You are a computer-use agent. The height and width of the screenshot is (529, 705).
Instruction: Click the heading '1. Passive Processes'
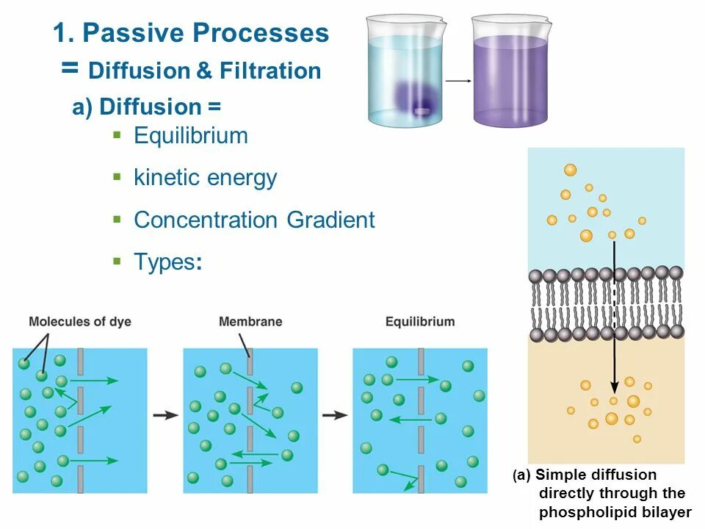[191, 33]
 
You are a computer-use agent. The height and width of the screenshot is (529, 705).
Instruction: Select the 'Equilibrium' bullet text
[191, 136]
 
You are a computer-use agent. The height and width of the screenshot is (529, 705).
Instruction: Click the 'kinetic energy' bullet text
[205, 178]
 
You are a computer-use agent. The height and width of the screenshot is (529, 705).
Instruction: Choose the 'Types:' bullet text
[167, 262]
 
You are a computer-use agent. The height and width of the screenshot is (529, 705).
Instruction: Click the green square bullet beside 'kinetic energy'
[116, 177]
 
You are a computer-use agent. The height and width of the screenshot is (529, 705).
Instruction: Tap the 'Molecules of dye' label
[79, 322]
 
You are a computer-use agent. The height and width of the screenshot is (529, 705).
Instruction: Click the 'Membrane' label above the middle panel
[250, 322]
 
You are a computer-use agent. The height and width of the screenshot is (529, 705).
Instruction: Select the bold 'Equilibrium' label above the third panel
[420, 322]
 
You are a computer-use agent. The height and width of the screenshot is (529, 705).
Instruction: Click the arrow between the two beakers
[458, 81]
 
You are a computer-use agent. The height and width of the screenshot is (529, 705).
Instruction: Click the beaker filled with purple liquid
[510, 73]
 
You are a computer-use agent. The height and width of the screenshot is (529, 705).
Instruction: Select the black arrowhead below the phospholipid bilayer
[615, 387]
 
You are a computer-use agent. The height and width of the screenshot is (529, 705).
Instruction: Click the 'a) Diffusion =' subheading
[146, 107]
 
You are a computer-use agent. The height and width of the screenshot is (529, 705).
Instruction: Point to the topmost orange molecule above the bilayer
[570, 170]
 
